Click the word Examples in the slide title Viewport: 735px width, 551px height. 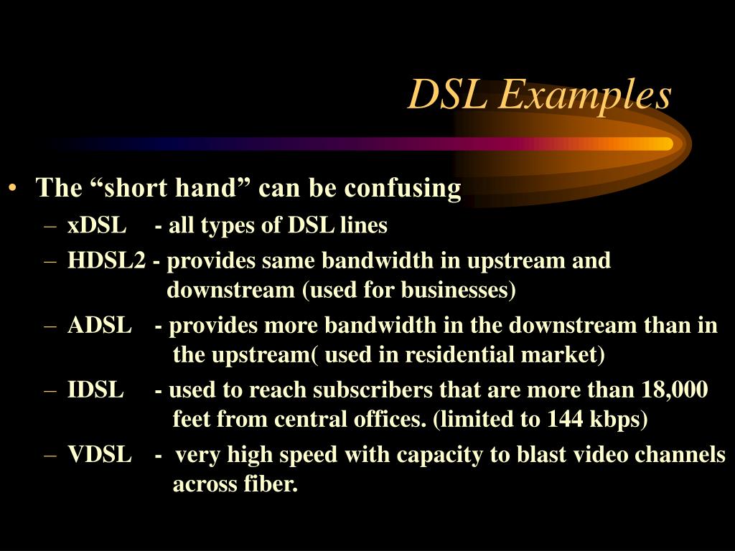[584, 95]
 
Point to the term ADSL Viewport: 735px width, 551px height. [99, 326]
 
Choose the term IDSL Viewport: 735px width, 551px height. [95, 390]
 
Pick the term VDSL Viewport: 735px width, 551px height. [99, 455]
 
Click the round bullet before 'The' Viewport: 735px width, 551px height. [14, 189]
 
